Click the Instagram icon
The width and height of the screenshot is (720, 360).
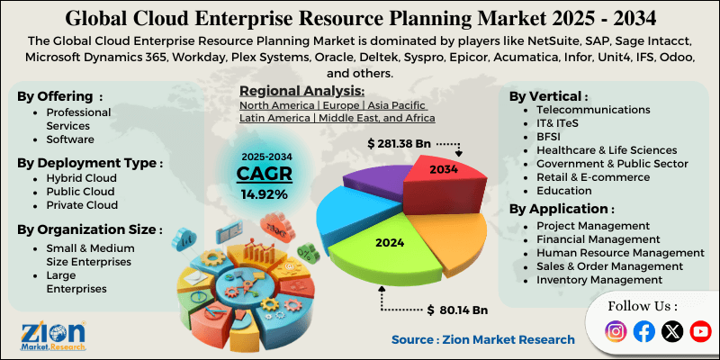point(616,331)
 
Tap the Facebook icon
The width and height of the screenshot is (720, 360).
point(643,331)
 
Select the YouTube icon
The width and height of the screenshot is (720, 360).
point(700,331)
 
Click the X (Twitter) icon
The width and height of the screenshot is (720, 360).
point(672,331)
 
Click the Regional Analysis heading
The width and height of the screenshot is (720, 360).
point(301,91)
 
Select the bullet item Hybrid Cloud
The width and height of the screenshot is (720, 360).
point(81,178)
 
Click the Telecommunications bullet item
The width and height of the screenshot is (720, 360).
point(592,109)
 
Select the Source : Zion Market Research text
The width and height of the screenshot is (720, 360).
point(482,339)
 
